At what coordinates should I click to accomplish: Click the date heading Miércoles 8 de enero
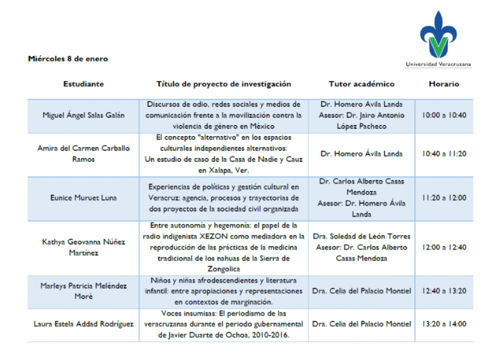point(68,59)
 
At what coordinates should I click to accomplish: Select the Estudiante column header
point(84,84)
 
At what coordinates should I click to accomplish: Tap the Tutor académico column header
point(362,84)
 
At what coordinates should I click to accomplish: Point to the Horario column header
point(444,84)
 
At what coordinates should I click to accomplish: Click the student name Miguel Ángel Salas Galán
point(84,115)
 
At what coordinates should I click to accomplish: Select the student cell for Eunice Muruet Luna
point(84,198)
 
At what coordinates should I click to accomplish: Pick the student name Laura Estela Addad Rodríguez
point(84,324)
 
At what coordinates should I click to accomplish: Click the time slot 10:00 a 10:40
point(444,115)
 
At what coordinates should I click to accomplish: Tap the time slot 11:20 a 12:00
point(444,198)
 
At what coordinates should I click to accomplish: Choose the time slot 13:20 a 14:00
point(444,324)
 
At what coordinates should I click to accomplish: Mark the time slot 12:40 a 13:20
point(444,291)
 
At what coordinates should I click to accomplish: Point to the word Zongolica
point(224,269)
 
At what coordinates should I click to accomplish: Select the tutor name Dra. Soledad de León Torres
point(362,236)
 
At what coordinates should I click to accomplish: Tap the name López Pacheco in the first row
point(362,126)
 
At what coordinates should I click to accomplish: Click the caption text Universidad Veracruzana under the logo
point(438,64)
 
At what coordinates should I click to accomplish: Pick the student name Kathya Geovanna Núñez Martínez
point(84,247)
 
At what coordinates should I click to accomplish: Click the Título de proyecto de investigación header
point(224,84)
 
